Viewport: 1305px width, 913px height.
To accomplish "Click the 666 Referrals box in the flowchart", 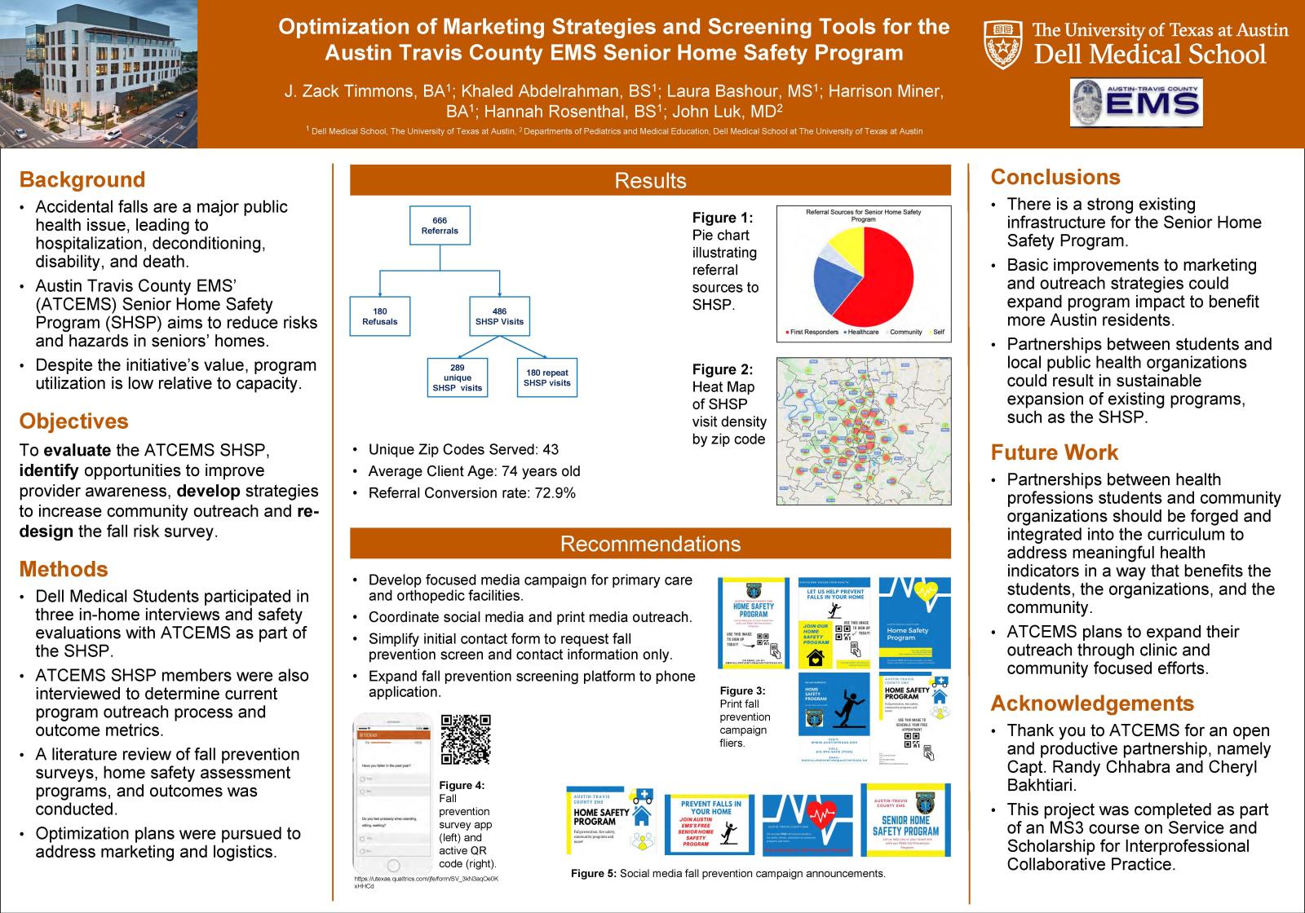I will coord(440,226).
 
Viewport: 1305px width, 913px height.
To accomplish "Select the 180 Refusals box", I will coord(380,316).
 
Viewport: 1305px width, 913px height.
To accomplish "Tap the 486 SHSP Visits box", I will coord(499,316).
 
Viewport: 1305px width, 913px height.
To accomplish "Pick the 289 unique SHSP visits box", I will coord(458,378).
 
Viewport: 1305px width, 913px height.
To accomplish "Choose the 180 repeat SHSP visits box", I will coord(547,378).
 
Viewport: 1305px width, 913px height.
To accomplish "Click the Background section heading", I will coord(82,180).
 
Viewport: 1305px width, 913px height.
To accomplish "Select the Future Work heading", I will coord(1055,452).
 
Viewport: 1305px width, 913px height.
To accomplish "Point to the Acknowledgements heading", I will coord(1092,703).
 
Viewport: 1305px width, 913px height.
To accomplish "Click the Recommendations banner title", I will coord(650,544).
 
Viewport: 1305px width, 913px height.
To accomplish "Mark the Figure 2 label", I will coord(723,369).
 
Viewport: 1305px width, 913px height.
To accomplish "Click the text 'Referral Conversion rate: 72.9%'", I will coord(471,493).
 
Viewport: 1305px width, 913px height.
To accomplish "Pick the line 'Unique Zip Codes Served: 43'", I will coord(463,449).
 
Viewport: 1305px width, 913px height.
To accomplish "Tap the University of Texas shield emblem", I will coord(1003,43).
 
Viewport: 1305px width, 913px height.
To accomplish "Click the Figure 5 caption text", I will coord(728,873).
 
